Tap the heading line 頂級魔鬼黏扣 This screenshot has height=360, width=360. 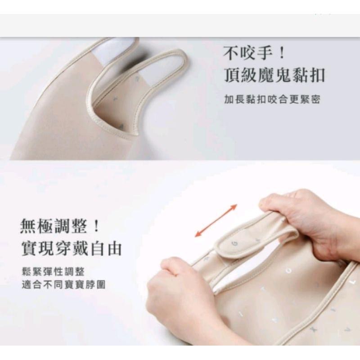click(274, 75)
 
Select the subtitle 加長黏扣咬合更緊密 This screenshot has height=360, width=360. click(272, 99)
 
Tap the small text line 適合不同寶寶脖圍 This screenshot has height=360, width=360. click(63, 285)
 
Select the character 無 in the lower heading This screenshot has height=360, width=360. click(28, 225)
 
